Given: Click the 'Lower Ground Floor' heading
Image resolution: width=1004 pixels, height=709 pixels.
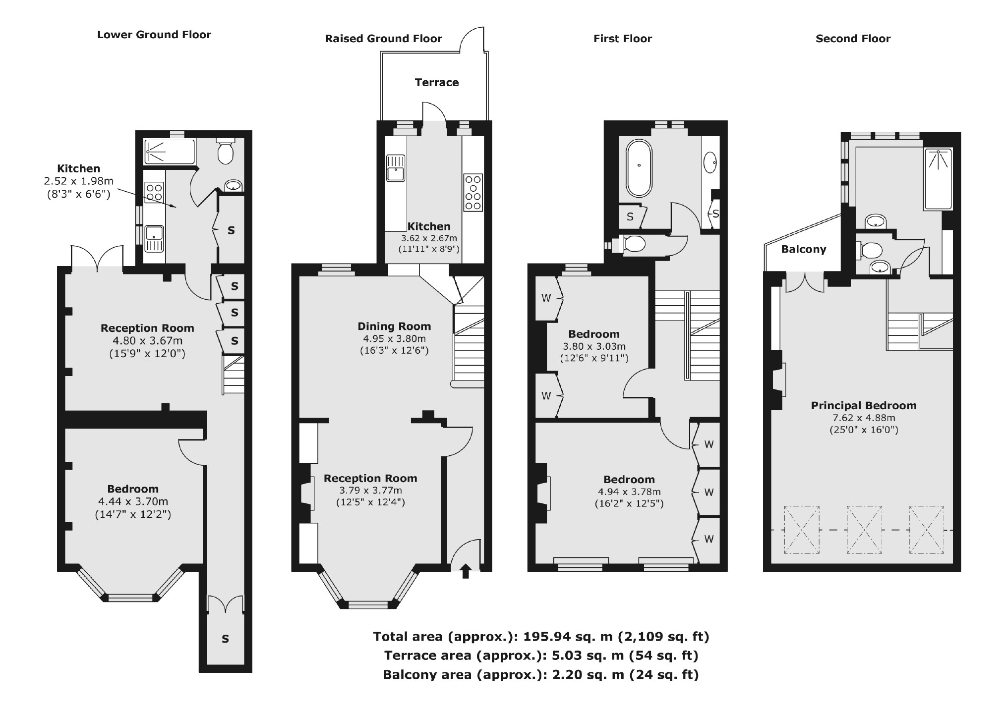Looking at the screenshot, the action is coord(154,35).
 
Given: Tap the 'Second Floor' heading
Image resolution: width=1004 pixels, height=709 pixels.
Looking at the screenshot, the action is coord(853,39).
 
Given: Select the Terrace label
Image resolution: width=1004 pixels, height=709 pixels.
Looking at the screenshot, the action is coord(437,82).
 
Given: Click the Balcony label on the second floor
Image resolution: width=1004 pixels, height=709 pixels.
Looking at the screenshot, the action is coord(804,249).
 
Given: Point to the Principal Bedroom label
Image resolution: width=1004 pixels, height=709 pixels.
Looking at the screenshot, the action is coord(864,405).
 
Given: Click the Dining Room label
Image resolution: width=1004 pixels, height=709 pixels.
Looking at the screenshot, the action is coord(394,326).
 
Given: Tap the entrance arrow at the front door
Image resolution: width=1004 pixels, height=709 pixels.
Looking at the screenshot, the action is coord(466,571).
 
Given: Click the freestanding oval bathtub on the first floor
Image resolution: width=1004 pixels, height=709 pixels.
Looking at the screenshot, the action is coord(639,167).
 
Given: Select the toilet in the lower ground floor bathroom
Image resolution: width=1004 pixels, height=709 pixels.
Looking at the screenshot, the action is coord(226,151).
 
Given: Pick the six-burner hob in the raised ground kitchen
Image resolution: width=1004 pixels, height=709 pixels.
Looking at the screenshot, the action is coord(473,192).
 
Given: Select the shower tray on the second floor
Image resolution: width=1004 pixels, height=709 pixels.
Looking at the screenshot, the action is coord(938,179).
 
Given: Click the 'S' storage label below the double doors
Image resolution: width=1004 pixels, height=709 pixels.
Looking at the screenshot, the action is coord(226,639).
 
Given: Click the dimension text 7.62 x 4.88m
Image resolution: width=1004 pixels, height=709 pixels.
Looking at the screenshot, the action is coord(864,418).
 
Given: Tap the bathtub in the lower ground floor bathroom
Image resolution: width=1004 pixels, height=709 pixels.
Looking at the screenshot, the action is coord(169,152).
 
